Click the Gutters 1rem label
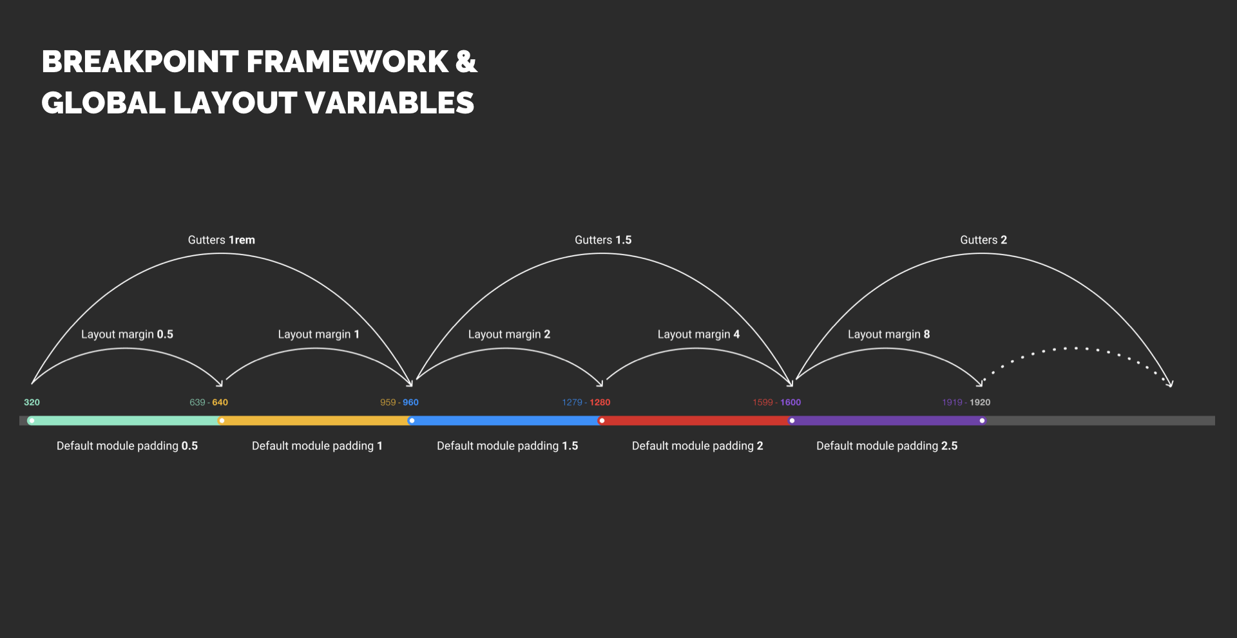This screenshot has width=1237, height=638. coord(222,240)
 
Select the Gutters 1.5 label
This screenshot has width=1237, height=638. coord(603,240)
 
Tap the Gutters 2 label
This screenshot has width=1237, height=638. coord(983,240)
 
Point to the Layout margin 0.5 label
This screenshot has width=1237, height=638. coord(127,334)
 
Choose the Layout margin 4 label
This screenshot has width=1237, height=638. coord(698,334)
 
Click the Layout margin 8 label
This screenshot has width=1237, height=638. coord(888,334)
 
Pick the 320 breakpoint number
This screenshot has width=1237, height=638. coord(32,402)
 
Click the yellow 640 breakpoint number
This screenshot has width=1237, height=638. coord(220,402)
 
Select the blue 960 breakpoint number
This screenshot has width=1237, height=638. coord(410,402)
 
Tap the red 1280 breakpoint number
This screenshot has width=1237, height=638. coord(600,402)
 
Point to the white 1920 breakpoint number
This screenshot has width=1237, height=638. coord(980,402)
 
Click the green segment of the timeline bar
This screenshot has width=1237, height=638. coord(126,421)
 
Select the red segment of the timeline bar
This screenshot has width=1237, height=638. coord(696,421)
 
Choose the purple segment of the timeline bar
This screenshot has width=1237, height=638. coord(887,421)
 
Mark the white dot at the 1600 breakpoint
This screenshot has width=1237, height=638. coord(792,421)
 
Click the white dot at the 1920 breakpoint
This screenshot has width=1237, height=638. coord(982,421)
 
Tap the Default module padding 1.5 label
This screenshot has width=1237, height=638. coord(508,446)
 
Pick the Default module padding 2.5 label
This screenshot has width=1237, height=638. coord(887,446)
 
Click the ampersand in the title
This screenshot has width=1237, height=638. coord(466,62)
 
